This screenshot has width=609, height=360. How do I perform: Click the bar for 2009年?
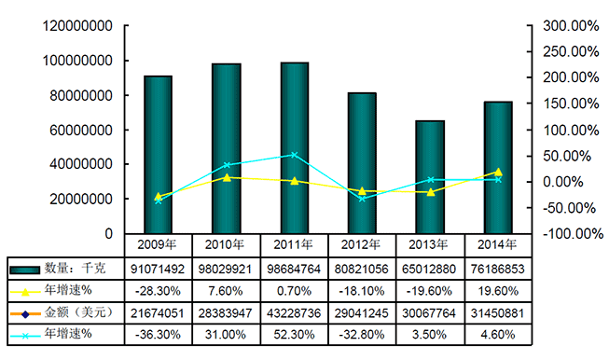pyautogui.click(x=158, y=154)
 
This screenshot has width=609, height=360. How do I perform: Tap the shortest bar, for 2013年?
pyautogui.click(x=430, y=176)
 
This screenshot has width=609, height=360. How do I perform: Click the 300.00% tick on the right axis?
pyautogui.click(x=570, y=25)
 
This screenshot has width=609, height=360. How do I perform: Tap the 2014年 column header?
pyautogui.click(x=498, y=245)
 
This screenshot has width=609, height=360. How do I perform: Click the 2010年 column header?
pyautogui.click(x=226, y=245)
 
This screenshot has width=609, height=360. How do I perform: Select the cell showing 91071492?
pyautogui.click(x=158, y=270)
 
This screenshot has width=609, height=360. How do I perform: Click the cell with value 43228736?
pyautogui.click(x=294, y=311)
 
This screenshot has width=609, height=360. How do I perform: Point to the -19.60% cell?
pyautogui.click(x=430, y=290)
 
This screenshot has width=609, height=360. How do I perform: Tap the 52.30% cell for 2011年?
pyautogui.click(x=294, y=331)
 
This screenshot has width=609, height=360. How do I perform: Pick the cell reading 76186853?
pyautogui.click(x=498, y=270)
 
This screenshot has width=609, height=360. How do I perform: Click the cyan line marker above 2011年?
pyautogui.click(x=294, y=155)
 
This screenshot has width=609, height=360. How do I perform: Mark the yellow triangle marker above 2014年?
pyautogui.click(x=498, y=172)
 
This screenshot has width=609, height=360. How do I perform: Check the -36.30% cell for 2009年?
pyautogui.click(x=158, y=331)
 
